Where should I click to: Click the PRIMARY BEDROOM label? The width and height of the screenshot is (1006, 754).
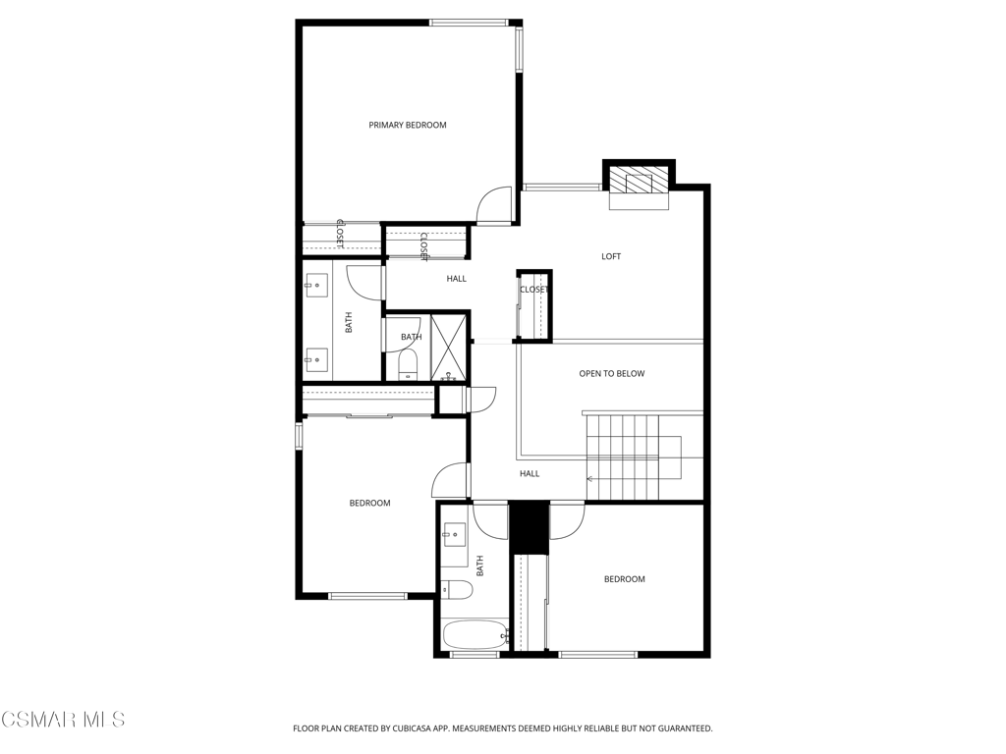coord(407,125)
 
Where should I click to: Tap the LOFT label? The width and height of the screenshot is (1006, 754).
coord(611,256)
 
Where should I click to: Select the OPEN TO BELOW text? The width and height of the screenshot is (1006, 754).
coord(611,373)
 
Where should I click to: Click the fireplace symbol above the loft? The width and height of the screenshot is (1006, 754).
coord(639,182)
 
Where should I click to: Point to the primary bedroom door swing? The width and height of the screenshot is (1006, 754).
coord(494,204)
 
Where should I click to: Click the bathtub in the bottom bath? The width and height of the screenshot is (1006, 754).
coord(475,634)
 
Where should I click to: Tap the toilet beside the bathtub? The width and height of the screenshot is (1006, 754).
coord(457,589)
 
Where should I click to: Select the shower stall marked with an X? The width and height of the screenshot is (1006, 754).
coord(450,348)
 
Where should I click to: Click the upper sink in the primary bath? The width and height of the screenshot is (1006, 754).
coord(317,286)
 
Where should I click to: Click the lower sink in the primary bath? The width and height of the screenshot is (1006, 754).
coord(317,359)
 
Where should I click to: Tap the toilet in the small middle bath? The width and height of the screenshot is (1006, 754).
coord(409,367)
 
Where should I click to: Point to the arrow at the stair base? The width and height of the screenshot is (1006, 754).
coord(591,479)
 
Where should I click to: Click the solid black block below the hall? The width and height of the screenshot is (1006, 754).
coord(529,527)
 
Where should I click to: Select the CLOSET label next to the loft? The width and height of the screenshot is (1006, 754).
coord(533,290)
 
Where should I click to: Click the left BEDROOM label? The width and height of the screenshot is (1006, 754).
coord(369,503)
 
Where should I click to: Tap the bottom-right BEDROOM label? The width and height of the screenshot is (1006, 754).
coord(624,579)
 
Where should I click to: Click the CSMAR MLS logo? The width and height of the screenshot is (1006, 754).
coord(63,721)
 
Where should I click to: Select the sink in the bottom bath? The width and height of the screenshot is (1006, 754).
coord(455,537)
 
